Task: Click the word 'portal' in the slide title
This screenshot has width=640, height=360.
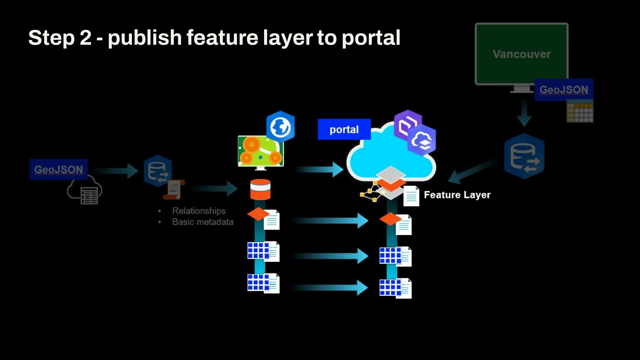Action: point(371,38)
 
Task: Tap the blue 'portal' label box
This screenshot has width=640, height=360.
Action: point(344,129)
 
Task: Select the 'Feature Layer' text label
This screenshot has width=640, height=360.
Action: point(457,195)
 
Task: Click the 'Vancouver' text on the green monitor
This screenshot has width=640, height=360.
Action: point(522,54)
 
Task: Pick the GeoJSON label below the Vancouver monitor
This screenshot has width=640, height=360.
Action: point(563,90)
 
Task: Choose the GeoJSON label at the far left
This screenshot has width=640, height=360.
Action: point(58,169)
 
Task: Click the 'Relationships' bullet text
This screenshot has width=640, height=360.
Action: point(199,211)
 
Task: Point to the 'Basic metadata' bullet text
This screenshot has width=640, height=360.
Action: point(203,222)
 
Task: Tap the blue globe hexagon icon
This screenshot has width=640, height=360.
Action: point(280,127)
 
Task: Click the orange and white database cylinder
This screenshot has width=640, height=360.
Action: point(260,189)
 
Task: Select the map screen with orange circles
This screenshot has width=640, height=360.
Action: point(260,151)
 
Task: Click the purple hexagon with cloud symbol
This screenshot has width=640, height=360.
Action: point(422,141)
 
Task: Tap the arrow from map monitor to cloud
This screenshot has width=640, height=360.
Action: point(319,169)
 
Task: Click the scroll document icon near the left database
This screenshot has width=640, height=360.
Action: point(174,189)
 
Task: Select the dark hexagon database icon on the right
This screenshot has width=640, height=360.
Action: point(524,156)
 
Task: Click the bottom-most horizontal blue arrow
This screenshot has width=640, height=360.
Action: point(330,287)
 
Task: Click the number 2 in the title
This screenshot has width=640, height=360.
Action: point(85,38)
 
